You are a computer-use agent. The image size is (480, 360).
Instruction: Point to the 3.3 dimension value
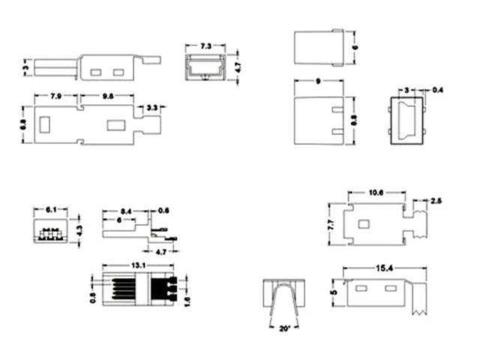coord(151,108)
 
